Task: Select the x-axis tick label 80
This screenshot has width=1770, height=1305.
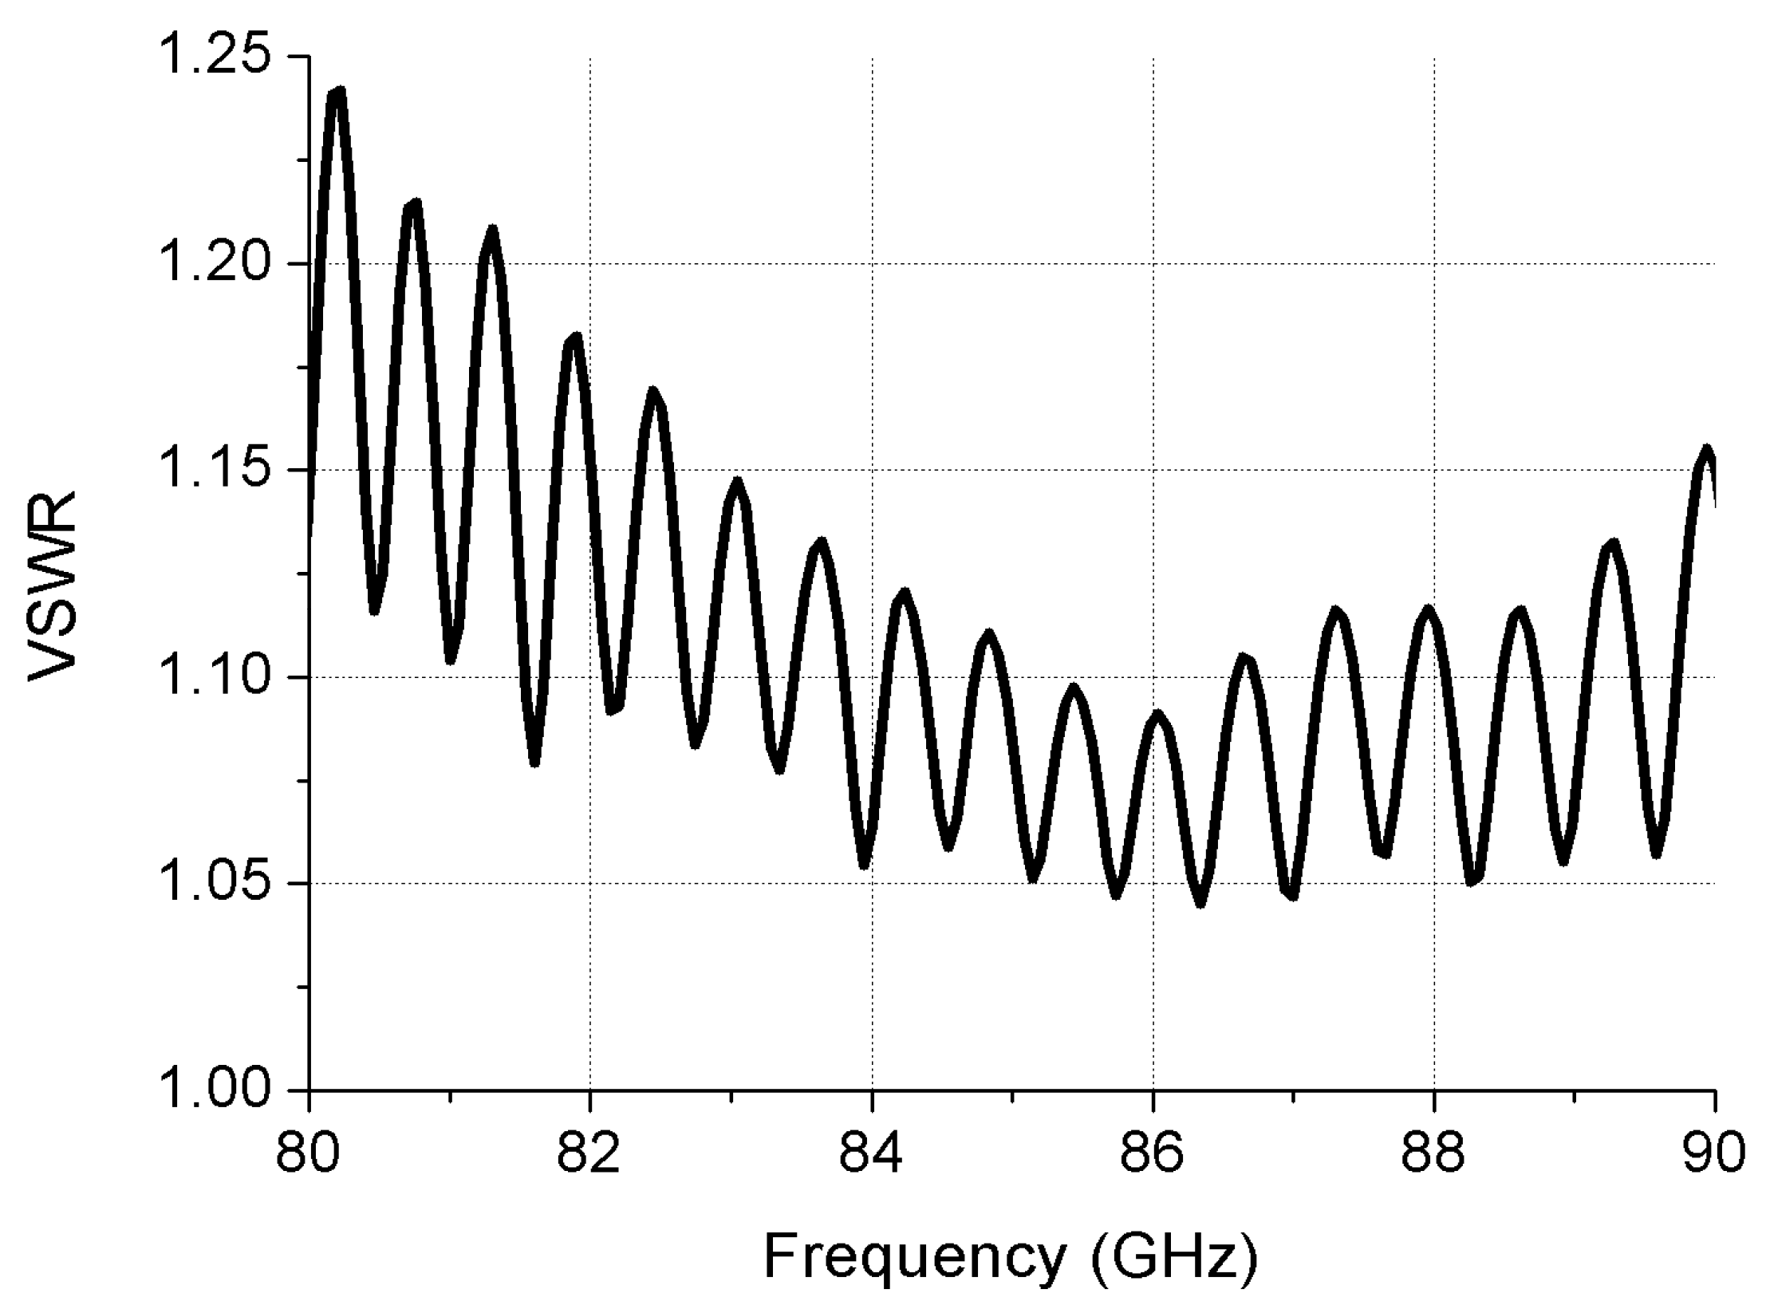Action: coord(308,1155)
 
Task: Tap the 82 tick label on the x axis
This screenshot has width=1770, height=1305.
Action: coord(589,1155)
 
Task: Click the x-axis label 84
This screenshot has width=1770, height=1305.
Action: coord(872,1155)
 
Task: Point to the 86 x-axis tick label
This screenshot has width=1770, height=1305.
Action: coord(1153,1155)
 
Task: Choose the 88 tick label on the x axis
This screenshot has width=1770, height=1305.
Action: coord(1434,1155)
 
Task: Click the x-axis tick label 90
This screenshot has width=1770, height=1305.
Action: coord(1714,1155)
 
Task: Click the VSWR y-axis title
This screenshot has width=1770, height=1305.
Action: coord(53,586)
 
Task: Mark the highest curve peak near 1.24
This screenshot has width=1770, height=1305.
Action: coord(337,93)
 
